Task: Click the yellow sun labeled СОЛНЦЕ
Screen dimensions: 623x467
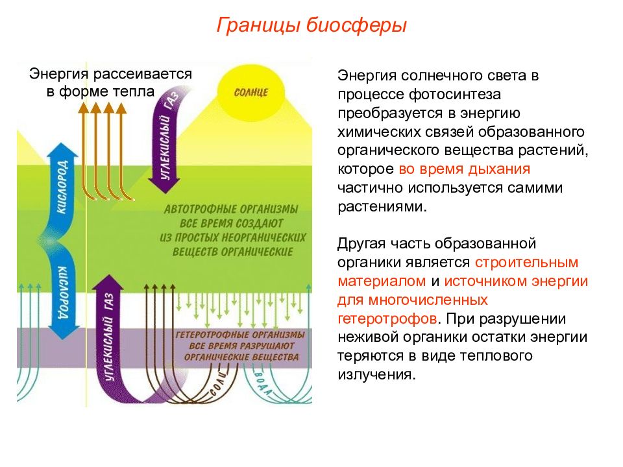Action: click(x=251, y=93)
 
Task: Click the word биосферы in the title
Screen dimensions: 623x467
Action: click(x=356, y=25)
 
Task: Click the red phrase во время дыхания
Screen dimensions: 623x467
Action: click(x=464, y=169)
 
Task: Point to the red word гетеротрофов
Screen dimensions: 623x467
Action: click(x=387, y=318)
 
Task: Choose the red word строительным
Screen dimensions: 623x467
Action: click(x=526, y=263)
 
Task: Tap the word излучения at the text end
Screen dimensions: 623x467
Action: click(x=376, y=375)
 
